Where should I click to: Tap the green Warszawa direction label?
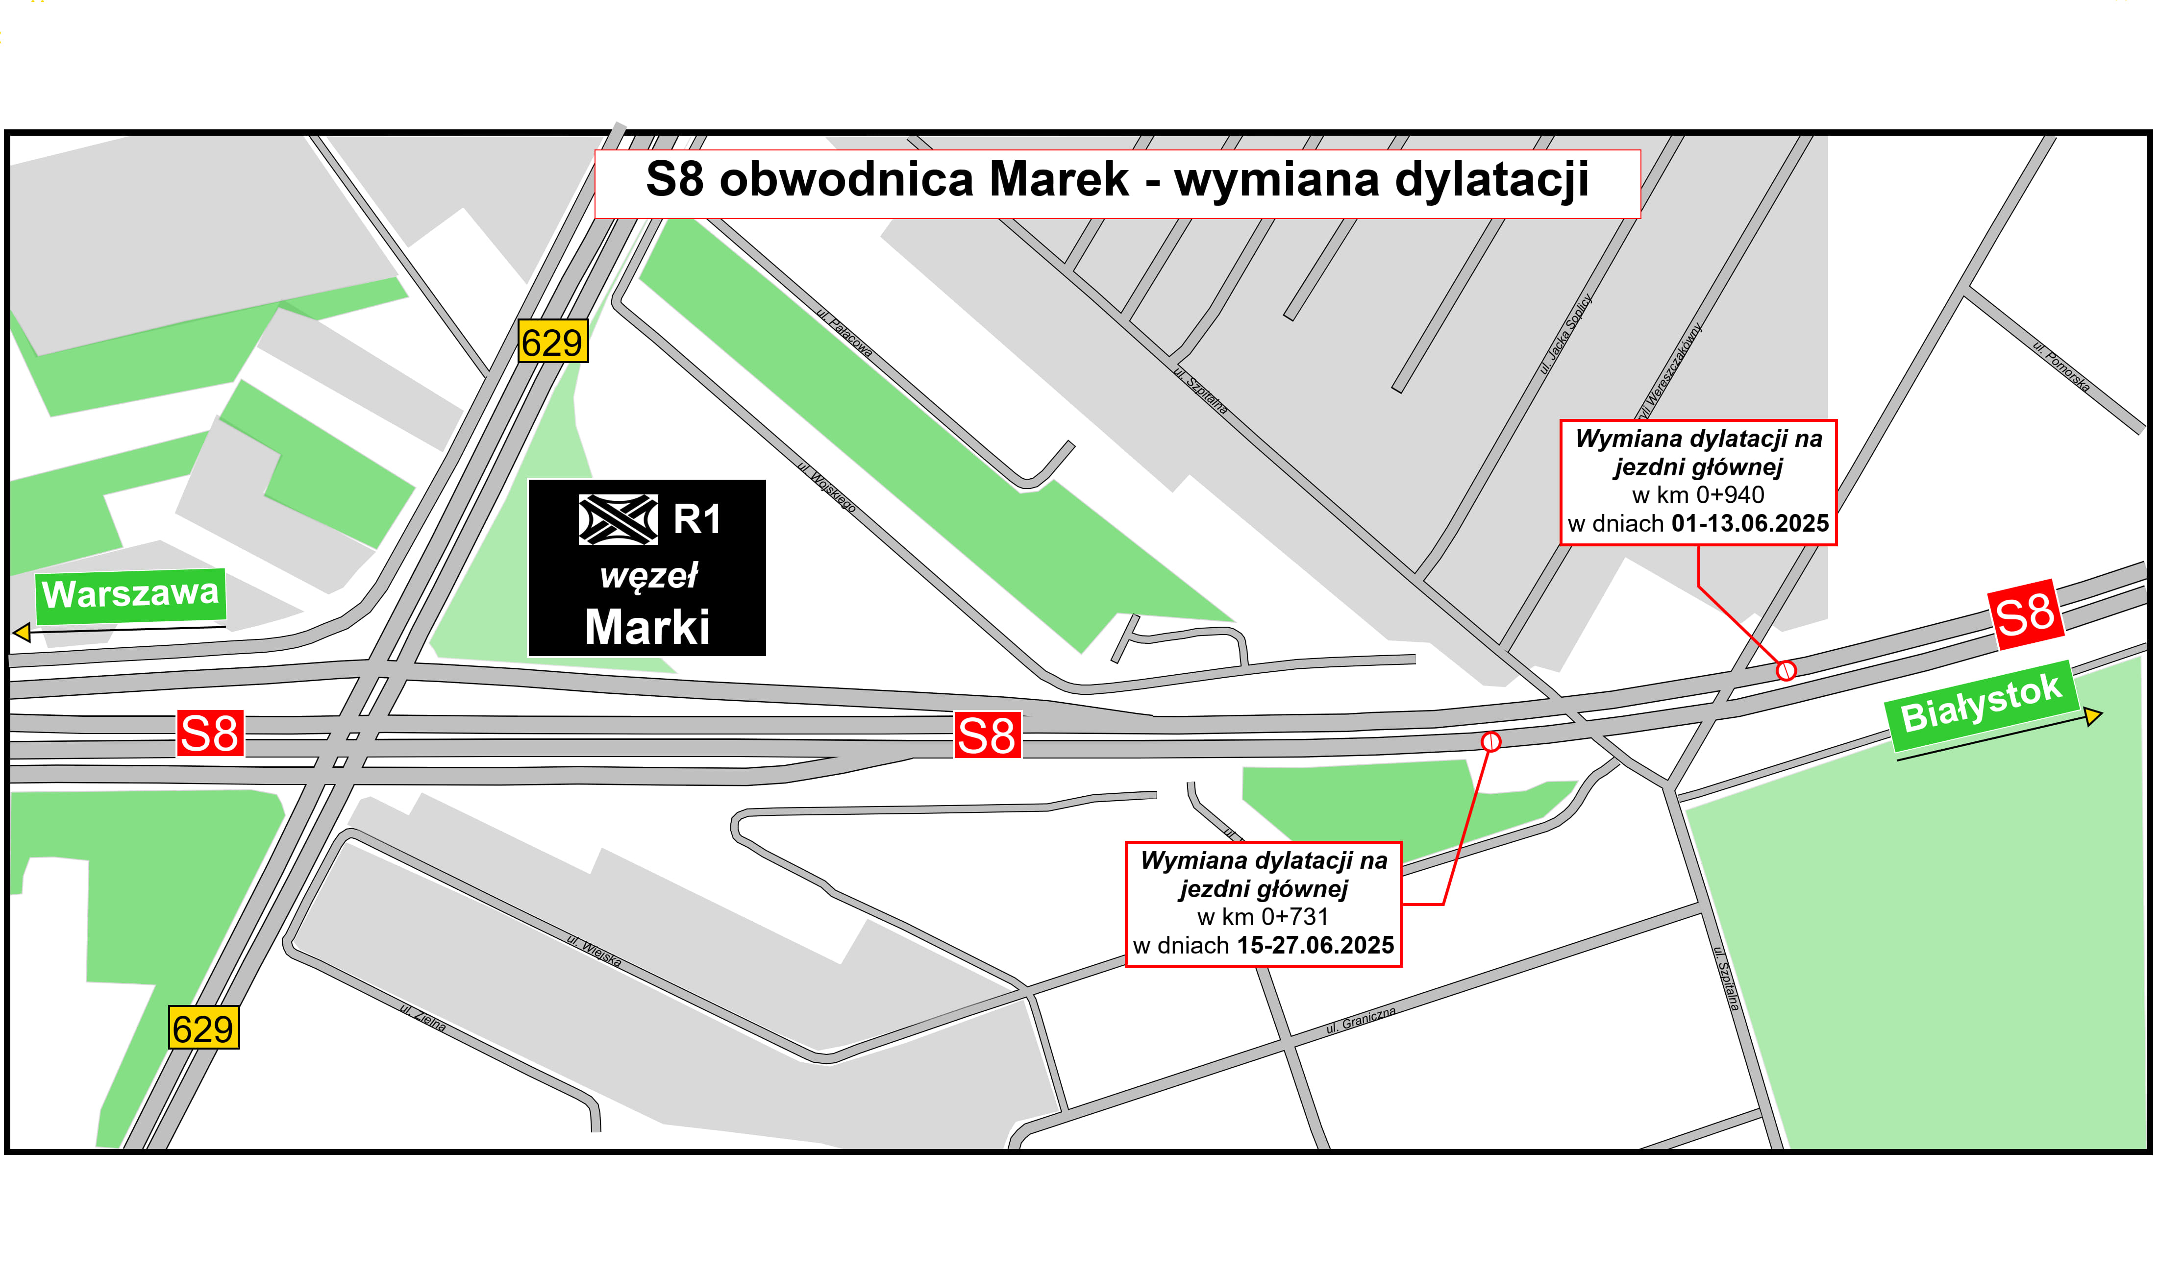tap(130, 593)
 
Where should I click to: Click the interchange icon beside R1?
tap(619, 520)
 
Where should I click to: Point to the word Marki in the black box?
tap(647, 627)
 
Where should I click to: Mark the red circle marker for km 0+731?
tap(1491, 741)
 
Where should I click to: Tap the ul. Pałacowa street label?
tap(845, 333)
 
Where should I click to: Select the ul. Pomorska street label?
tap(2061, 367)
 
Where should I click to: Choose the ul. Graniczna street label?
tap(1361, 1020)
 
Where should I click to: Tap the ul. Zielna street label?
tap(423, 1017)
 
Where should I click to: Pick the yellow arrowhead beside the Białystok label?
tap(2093, 715)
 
